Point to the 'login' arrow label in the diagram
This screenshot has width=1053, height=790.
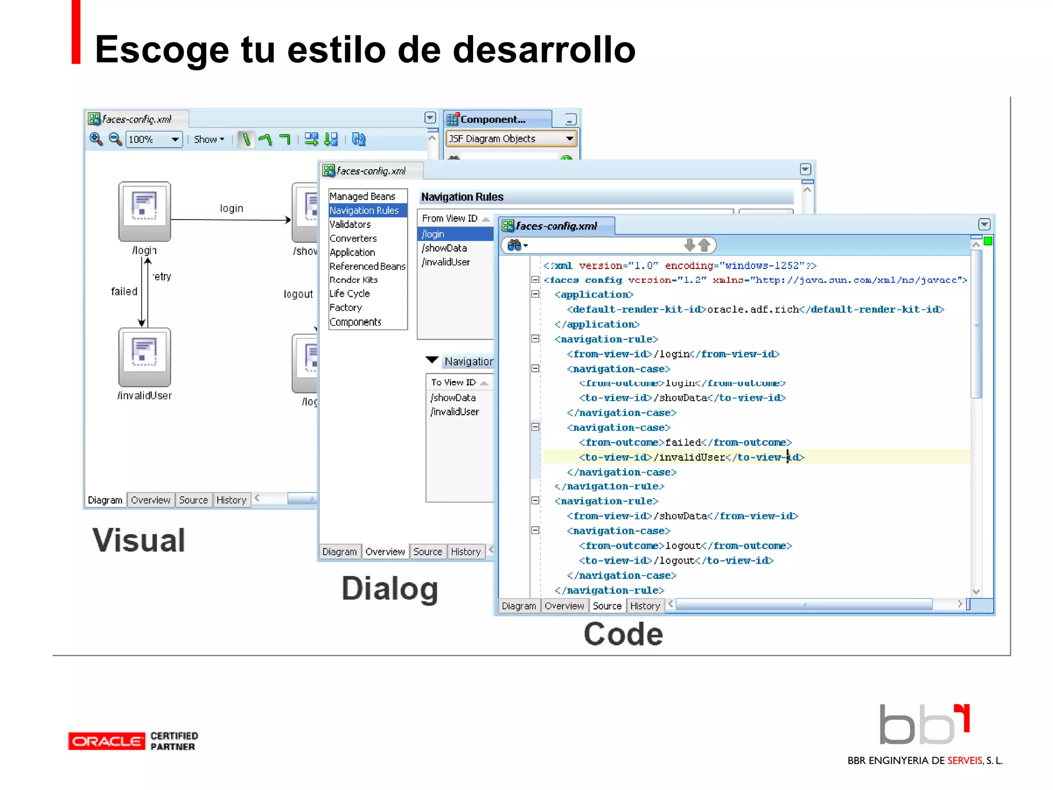click(231, 208)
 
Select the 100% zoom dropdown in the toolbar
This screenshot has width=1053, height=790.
click(154, 139)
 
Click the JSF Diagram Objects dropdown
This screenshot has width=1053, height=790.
click(511, 139)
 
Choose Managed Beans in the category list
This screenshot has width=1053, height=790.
click(362, 196)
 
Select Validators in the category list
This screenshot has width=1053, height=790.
click(350, 224)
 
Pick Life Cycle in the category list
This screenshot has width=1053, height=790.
click(350, 294)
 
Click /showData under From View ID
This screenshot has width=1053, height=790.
click(445, 248)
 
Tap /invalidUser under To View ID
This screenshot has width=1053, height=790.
click(455, 411)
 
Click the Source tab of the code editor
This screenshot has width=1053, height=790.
click(607, 606)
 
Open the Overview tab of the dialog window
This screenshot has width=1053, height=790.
click(385, 552)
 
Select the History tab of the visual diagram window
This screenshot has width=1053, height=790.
click(231, 500)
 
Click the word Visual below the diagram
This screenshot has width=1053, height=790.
click(139, 541)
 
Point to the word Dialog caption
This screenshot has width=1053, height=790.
click(390, 588)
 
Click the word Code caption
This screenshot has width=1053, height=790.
click(623, 634)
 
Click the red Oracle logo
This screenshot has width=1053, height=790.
click(106, 741)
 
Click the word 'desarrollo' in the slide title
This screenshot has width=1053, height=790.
click(544, 50)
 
